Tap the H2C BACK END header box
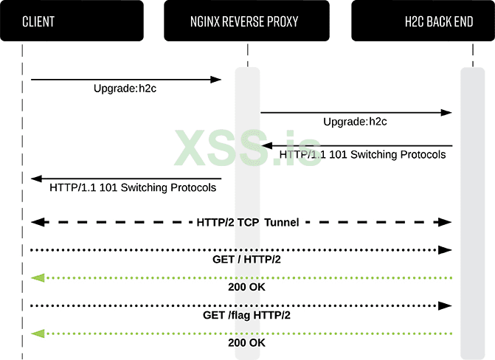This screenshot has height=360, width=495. pyautogui.click(x=422, y=21)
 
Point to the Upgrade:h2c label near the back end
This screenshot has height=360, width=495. pyautogui.click(x=356, y=122)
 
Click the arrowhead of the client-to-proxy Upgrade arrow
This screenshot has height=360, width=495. pyautogui.click(x=217, y=79)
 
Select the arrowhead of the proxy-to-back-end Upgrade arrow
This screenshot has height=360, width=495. pyautogui.click(x=446, y=112)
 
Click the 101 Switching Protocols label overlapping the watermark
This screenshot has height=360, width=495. pyautogui.click(x=362, y=155)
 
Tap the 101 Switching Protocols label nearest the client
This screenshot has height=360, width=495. pyautogui.click(x=133, y=187)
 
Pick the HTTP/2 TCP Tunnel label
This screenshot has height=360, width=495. pyautogui.click(x=248, y=222)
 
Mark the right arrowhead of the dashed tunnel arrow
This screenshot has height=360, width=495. pyautogui.click(x=446, y=222)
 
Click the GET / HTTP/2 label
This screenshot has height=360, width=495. pyautogui.click(x=247, y=260)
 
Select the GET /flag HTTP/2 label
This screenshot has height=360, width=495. pyautogui.click(x=247, y=315)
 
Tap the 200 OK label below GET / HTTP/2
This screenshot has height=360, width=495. pyautogui.click(x=247, y=287)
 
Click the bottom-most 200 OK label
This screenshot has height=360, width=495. pyautogui.click(x=247, y=343)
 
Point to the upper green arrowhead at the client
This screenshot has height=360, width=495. pyautogui.click(x=37, y=277)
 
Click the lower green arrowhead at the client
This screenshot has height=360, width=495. pyautogui.click(x=37, y=333)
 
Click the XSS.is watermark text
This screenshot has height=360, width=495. pyautogui.click(x=247, y=148)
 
